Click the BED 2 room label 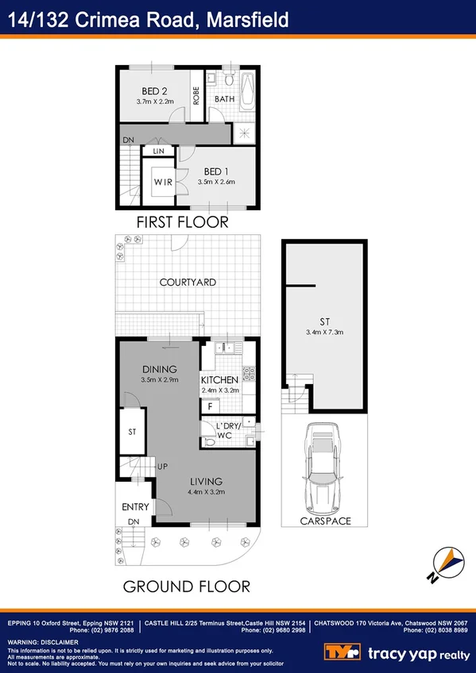click(x=154, y=90)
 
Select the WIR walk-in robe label click(x=162, y=183)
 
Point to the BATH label click(x=223, y=99)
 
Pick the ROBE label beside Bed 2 click(x=195, y=95)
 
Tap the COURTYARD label click(x=188, y=282)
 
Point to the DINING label click(x=159, y=369)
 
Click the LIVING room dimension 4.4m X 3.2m click(x=206, y=492)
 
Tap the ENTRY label click(x=135, y=507)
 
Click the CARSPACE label click(x=325, y=521)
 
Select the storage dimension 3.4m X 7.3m click(x=324, y=332)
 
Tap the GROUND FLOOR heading click(x=186, y=587)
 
